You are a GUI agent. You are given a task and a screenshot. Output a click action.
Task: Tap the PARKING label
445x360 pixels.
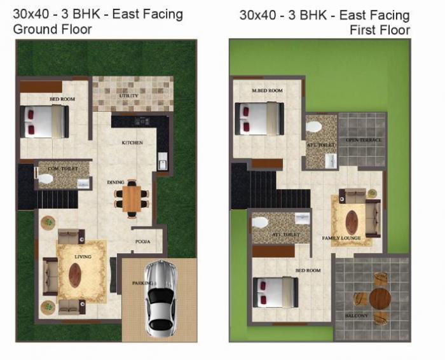[142, 282]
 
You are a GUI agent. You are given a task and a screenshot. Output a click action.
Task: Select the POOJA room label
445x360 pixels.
[142, 242]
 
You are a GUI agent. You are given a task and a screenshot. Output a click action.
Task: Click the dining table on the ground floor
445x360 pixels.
[132, 198]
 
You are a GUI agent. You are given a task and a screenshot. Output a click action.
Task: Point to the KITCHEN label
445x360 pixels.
[132, 143]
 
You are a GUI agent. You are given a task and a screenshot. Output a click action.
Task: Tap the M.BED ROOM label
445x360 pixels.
[266, 91]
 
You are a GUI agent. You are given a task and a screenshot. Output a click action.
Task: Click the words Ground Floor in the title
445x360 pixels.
[53, 29]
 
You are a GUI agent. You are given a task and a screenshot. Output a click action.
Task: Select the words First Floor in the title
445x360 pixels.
[380, 30]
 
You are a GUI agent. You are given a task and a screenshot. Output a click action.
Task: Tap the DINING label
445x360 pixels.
[115, 183]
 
